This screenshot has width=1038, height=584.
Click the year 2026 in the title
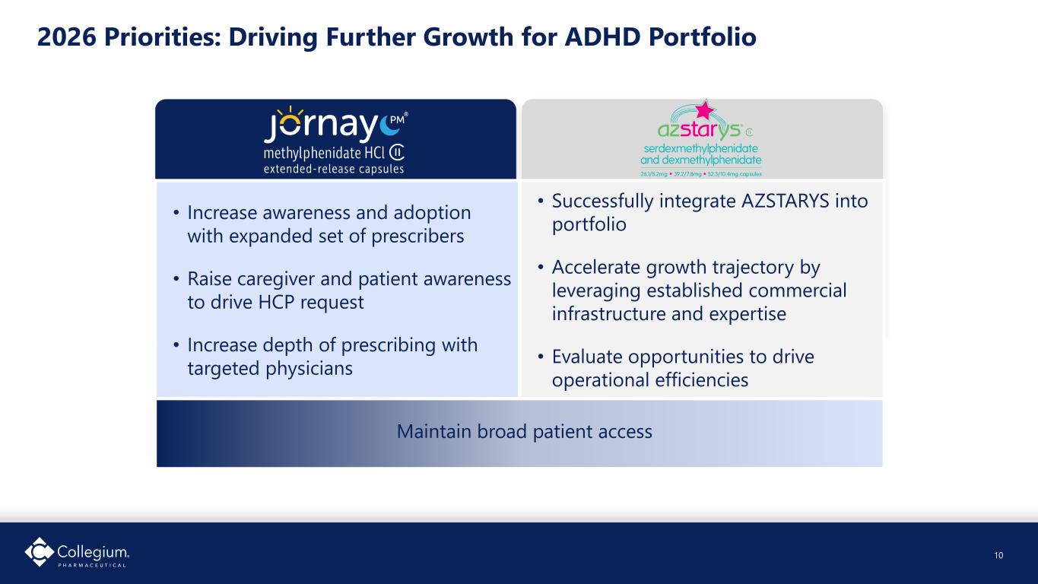click(x=67, y=36)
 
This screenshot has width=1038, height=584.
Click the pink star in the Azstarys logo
click(x=705, y=109)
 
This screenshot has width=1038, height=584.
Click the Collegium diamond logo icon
click(x=40, y=551)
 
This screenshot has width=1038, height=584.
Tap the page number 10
click(x=998, y=555)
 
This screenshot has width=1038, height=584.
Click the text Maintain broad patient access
click(x=525, y=431)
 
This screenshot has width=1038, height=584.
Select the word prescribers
click(x=417, y=236)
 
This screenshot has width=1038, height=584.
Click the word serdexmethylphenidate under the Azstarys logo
click(x=701, y=149)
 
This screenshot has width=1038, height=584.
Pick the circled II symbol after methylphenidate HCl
click(x=397, y=152)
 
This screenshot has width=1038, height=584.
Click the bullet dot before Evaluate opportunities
click(x=541, y=357)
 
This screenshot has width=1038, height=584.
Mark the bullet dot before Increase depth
click(x=176, y=345)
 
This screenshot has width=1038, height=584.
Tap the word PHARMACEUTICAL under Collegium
click(x=92, y=566)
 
